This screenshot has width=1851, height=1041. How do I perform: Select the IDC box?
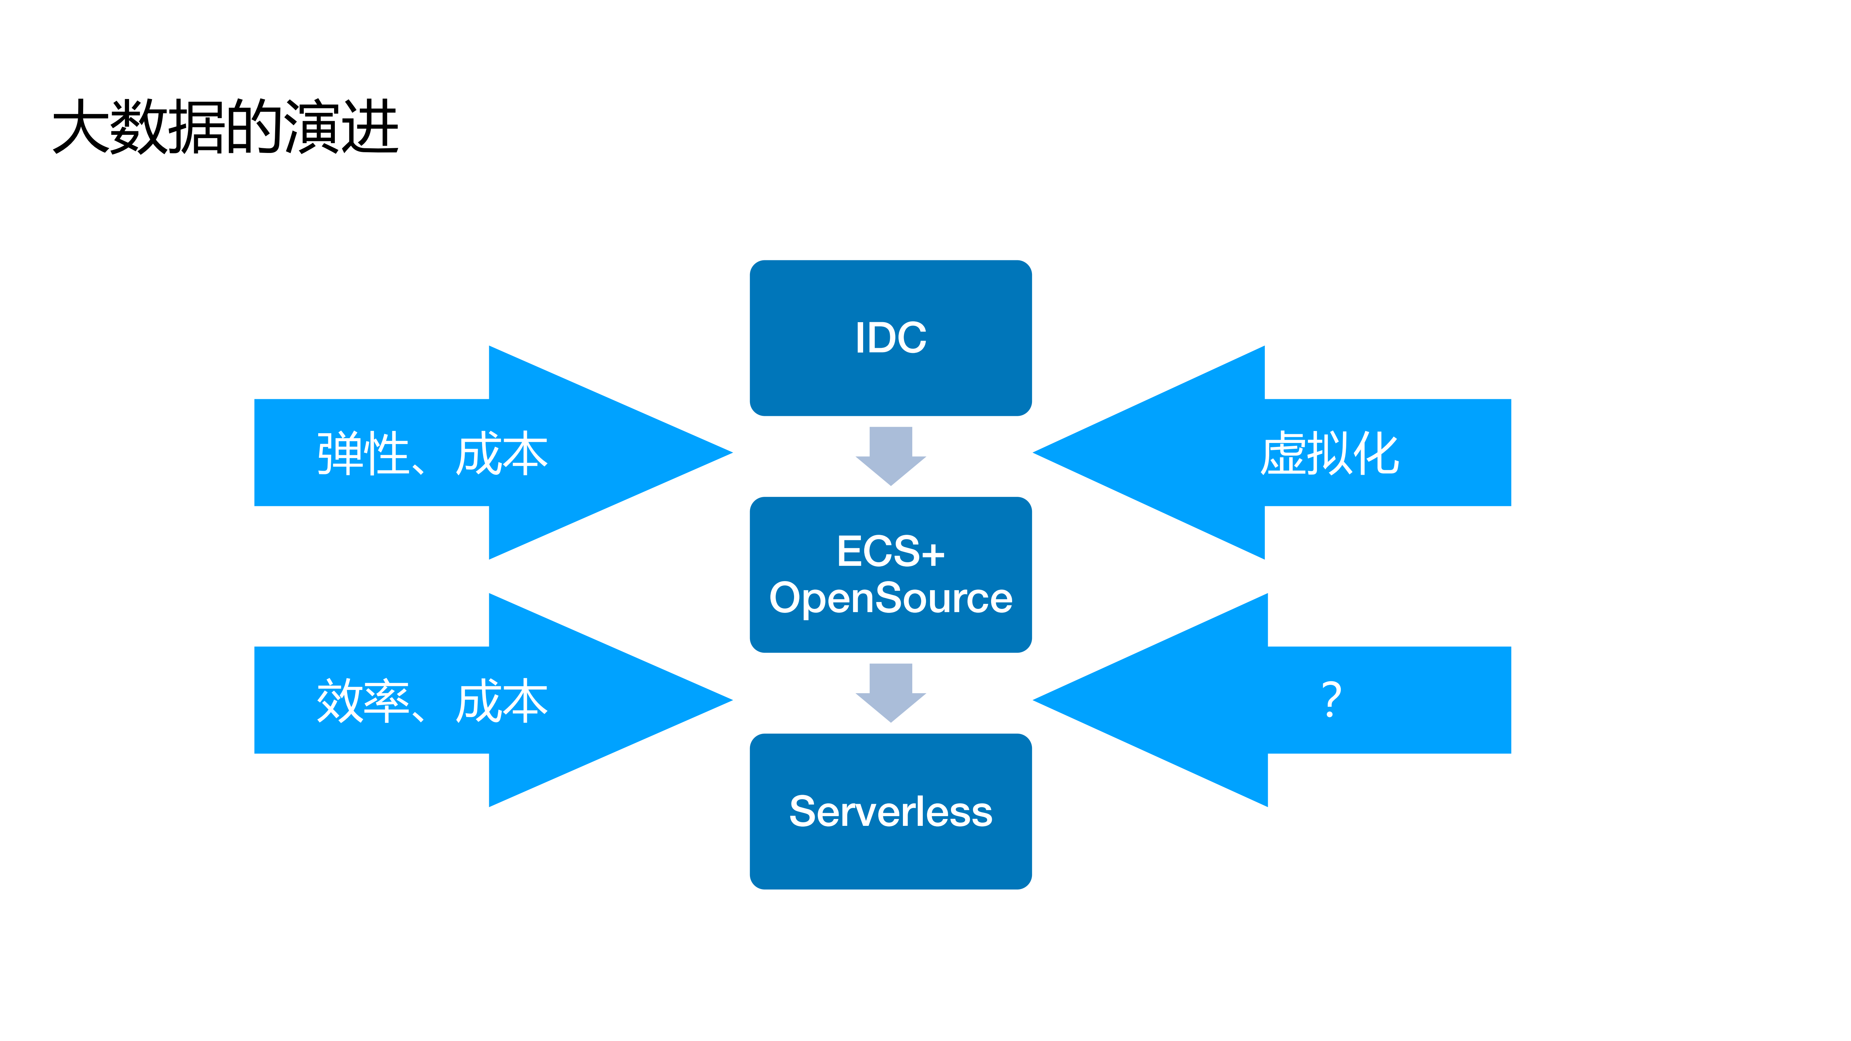pos(890,338)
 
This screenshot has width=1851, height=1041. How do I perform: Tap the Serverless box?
pos(890,811)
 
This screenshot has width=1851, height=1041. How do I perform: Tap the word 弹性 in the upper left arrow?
pos(363,454)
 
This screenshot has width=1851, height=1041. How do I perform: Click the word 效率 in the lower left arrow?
pos(363,701)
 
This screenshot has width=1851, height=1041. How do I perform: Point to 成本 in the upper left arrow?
pos(502,454)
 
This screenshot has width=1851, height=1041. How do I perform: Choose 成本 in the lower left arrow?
pos(502,701)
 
